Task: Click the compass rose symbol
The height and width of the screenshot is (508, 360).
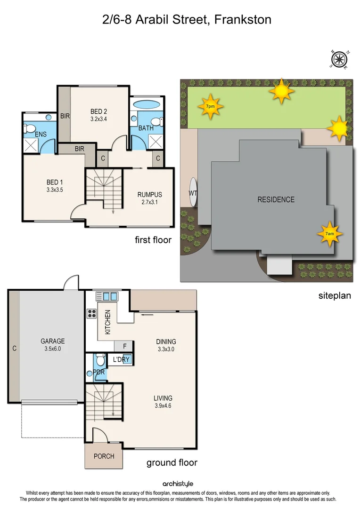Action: (x=339, y=59)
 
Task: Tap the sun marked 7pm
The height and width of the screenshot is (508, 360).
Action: (x=210, y=106)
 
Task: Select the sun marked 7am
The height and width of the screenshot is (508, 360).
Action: (x=329, y=233)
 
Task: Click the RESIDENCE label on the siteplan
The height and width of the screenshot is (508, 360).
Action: (x=276, y=199)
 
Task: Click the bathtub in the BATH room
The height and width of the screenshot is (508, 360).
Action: (x=147, y=104)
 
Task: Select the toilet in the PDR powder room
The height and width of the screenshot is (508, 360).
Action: (x=100, y=361)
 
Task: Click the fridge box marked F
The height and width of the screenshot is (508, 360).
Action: (x=124, y=346)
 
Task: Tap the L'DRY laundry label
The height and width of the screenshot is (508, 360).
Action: (x=121, y=360)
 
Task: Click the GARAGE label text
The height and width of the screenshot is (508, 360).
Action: (x=53, y=341)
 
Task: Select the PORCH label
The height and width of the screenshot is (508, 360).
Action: (x=104, y=456)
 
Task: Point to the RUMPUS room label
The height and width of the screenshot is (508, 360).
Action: (x=150, y=194)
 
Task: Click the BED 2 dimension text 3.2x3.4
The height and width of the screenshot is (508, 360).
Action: (x=99, y=119)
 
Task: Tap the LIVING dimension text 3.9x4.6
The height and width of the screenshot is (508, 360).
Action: (x=163, y=405)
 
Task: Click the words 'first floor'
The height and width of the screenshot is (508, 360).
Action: (x=153, y=240)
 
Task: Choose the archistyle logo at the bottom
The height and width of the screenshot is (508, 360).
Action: (x=178, y=484)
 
